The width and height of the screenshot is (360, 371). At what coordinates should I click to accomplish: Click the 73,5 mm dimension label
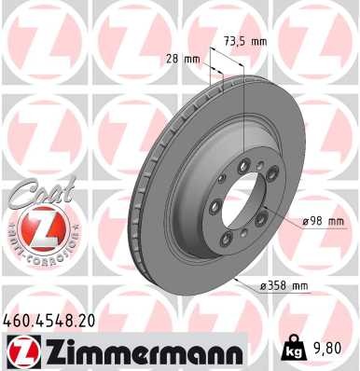point(246,41)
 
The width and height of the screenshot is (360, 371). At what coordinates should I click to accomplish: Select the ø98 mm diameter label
point(325,221)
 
